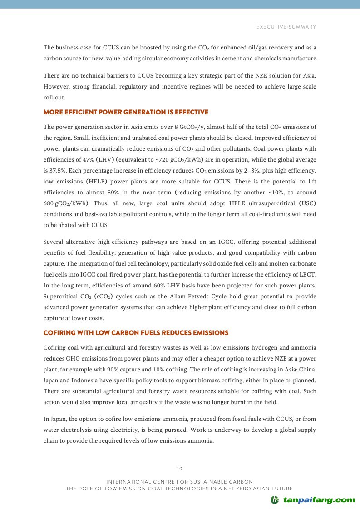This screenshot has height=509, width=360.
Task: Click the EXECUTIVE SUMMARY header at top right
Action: click(286, 27)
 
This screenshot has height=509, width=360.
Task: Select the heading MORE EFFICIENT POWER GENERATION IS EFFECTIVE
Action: click(126, 112)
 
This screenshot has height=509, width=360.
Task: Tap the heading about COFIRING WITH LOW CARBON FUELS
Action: click(136, 333)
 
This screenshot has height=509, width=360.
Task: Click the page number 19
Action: click(180, 469)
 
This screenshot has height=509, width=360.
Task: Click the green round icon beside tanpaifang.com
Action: click(275, 500)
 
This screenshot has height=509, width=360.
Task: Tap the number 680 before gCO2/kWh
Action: click(49, 203)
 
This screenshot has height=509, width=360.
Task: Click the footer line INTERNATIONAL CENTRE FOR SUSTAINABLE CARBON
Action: click(179, 481)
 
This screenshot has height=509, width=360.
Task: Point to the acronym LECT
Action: click(308, 275)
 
